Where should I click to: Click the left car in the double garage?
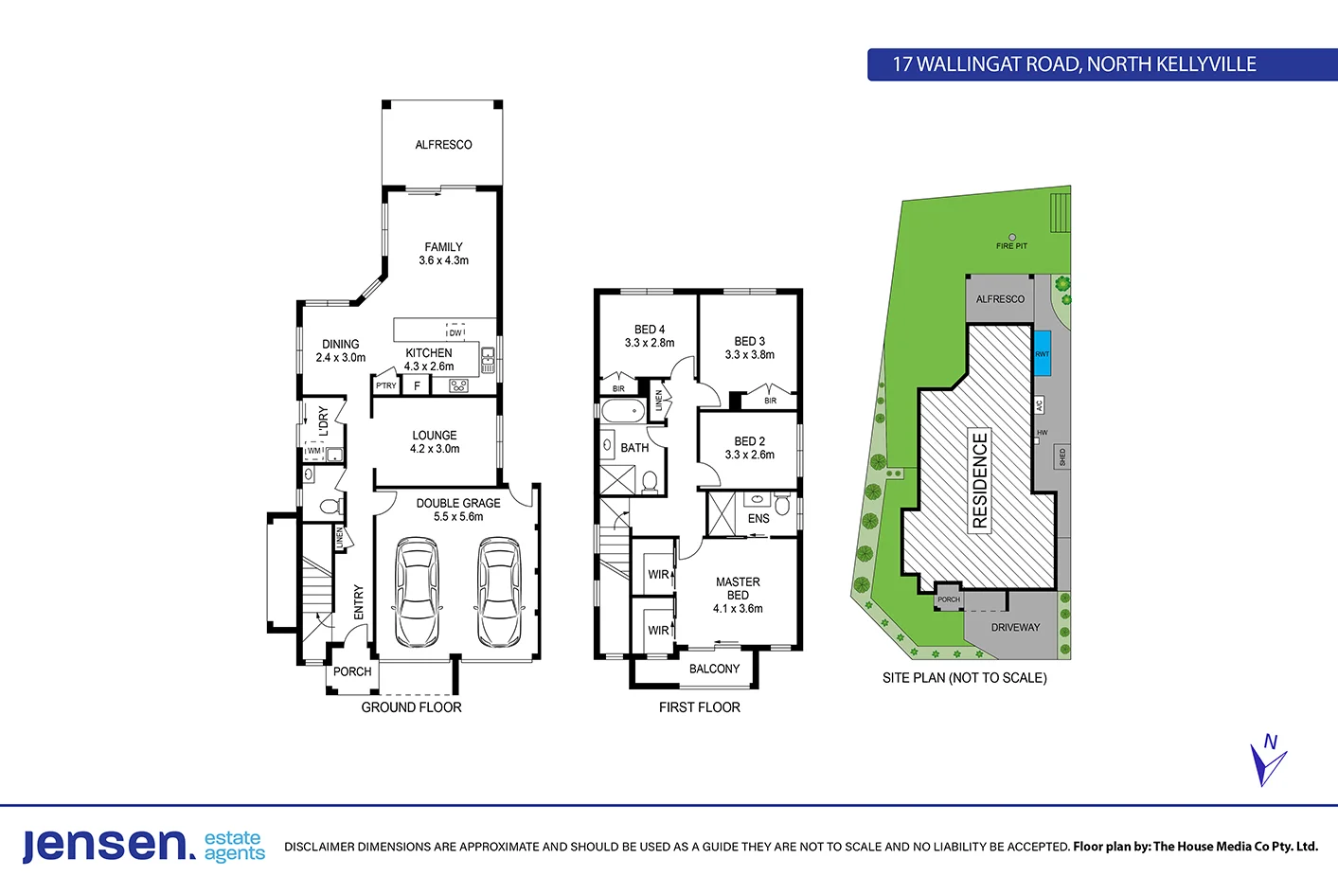coord(416,593)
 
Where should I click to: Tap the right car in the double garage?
coord(498,593)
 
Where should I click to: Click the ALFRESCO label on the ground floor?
coord(443,145)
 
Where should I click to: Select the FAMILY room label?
coord(443,247)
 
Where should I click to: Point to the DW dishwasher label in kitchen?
coord(455,332)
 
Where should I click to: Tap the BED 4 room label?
coord(650,330)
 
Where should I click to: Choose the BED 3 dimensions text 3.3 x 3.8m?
coord(749,355)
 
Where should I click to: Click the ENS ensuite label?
coord(758,519)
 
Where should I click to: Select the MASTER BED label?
coord(738,588)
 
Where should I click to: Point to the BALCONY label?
coord(714,669)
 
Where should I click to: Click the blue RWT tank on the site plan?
coord(1042,353)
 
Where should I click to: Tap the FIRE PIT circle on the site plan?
coord(1011,238)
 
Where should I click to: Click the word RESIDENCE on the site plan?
coord(980,480)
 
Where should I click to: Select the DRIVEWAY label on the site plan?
coord(1015,627)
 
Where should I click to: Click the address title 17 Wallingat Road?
coord(1074,64)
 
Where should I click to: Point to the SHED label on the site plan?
coord(1062,456)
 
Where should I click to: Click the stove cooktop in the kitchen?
coord(458,385)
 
